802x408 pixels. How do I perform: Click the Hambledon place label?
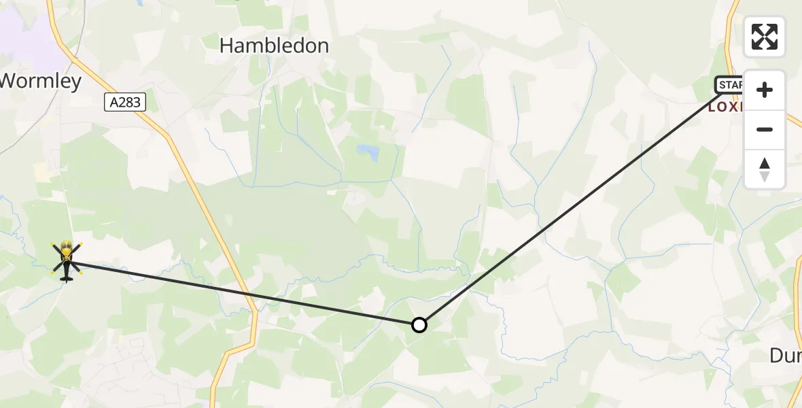pyautogui.click(x=275, y=46)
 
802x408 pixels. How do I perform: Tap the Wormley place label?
pyautogui.click(x=40, y=82)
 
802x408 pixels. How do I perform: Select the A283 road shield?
pyautogui.click(x=124, y=103)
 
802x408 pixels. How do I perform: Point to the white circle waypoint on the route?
pyautogui.click(x=419, y=325)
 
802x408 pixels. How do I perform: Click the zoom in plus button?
pyautogui.click(x=765, y=90)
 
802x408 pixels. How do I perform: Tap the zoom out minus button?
pyautogui.click(x=765, y=129)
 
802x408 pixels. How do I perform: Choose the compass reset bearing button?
pyautogui.click(x=765, y=169)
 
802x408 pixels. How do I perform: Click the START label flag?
pyautogui.click(x=729, y=84)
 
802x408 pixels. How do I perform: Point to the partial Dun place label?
pyautogui.click(x=785, y=355)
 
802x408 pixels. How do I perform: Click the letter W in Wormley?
pyautogui.click(x=8, y=82)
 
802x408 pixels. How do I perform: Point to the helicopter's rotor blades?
pyautogui.click(x=66, y=250)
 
